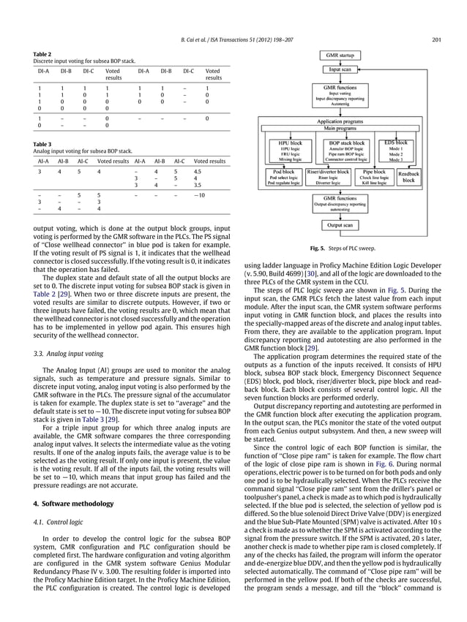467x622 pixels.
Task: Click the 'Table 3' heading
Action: [42, 145]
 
